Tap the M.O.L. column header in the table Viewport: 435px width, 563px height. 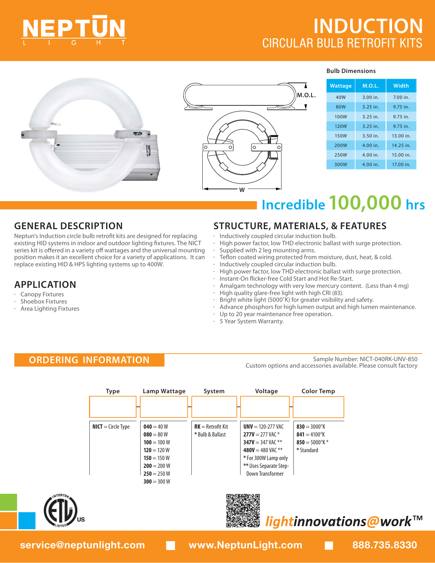(x=371, y=86)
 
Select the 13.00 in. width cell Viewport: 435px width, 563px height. (x=401, y=136)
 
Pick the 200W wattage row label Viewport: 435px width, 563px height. (x=340, y=145)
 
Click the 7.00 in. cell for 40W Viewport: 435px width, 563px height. (x=401, y=97)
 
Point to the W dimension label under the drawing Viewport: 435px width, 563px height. (x=242, y=190)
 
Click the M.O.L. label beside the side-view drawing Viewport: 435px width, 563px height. (x=306, y=95)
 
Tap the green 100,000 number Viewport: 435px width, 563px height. (x=365, y=203)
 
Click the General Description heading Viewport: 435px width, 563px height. (x=68, y=226)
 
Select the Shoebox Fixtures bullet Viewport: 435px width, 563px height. (x=44, y=301)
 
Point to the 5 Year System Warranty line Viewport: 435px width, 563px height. (x=251, y=321)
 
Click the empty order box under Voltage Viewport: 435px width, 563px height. (x=265, y=407)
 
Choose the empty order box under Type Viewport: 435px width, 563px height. (x=113, y=407)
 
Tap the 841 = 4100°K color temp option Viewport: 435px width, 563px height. (x=310, y=434)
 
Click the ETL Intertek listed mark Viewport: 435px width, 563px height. (x=61, y=510)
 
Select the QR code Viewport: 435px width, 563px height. (x=243, y=510)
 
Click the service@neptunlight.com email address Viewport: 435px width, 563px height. (x=83, y=545)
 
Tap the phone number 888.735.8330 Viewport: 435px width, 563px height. (x=385, y=545)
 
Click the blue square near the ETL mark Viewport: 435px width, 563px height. (x=27, y=520)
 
